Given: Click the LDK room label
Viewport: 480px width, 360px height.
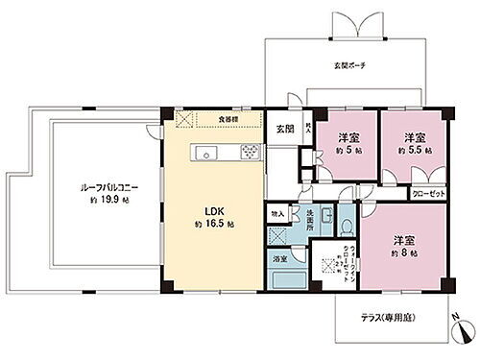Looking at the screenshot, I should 212,213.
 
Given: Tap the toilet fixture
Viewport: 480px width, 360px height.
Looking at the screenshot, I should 344,225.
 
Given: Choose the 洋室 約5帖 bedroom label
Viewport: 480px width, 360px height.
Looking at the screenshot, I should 342,143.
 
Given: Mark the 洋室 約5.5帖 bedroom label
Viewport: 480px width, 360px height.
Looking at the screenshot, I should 414,143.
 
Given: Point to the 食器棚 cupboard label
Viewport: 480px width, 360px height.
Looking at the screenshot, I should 228,119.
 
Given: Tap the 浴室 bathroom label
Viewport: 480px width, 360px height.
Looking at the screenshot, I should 280,259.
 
